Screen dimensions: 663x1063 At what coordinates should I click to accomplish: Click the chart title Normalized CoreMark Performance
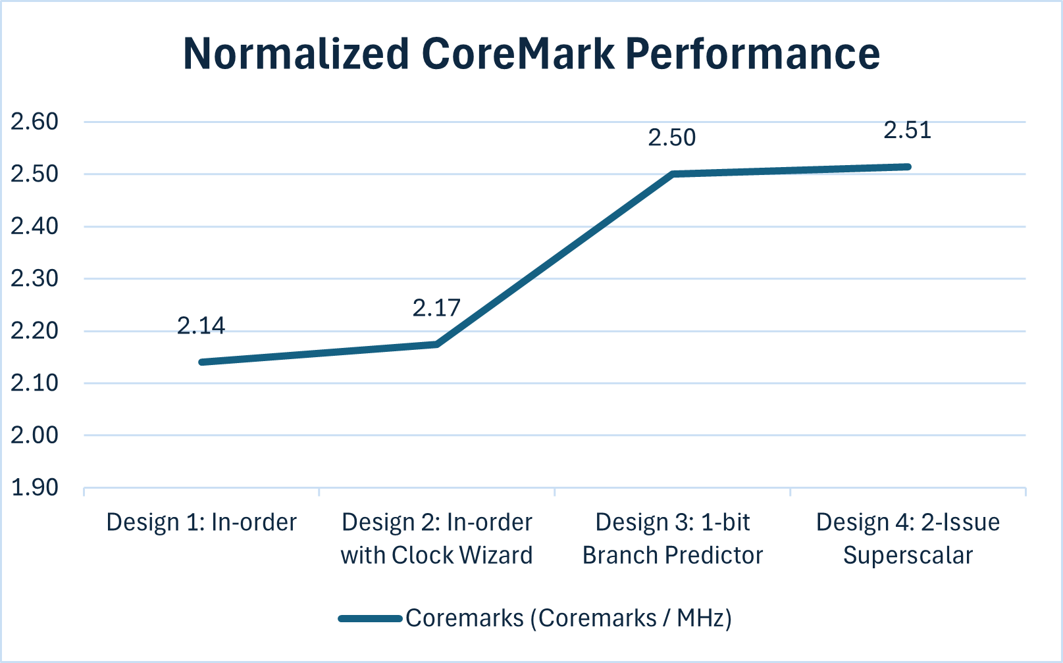pyautogui.click(x=531, y=54)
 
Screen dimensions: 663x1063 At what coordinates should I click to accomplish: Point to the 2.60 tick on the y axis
pyautogui.click(x=34, y=122)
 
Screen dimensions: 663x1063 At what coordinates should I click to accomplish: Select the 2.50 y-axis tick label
pyautogui.click(x=34, y=174)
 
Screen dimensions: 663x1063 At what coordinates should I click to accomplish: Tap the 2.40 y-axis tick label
pyautogui.click(x=34, y=226)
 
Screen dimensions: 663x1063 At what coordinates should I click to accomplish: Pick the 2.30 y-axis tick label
pyautogui.click(x=34, y=278)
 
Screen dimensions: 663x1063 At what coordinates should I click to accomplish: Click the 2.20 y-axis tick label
pyautogui.click(x=34, y=331)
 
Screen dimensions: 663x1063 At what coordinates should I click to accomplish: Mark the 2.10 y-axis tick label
pyautogui.click(x=34, y=383)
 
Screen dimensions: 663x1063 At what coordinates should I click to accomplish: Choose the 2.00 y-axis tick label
pyautogui.click(x=34, y=435)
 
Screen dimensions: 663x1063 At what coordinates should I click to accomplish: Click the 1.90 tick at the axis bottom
pyautogui.click(x=34, y=487)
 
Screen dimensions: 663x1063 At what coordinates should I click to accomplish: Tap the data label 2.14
pyautogui.click(x=201, y=326)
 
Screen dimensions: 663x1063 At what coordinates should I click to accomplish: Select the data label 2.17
pyautogui.click(x=436, y=308)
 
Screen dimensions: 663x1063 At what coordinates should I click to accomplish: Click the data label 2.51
pyautogui.click(x=907, y=130)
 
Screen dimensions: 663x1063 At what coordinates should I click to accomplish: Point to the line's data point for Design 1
pyautogui.click(x=201, y=362)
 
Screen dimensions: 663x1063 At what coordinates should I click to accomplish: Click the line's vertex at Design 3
pyautogui.click(x=673, y=174)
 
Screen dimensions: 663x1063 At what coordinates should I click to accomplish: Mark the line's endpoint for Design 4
pyautogui.click(x=908, y=167)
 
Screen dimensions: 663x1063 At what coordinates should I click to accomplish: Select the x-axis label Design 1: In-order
pyautogui.click(x=201, y=522)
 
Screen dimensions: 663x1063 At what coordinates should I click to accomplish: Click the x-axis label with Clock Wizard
pyautogui.click(x=436, y=555)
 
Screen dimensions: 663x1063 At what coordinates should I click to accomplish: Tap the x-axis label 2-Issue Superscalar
pyautogui.click(x=908, y=539)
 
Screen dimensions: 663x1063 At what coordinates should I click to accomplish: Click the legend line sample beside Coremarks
pyautogui.click(x=370, y=618)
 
